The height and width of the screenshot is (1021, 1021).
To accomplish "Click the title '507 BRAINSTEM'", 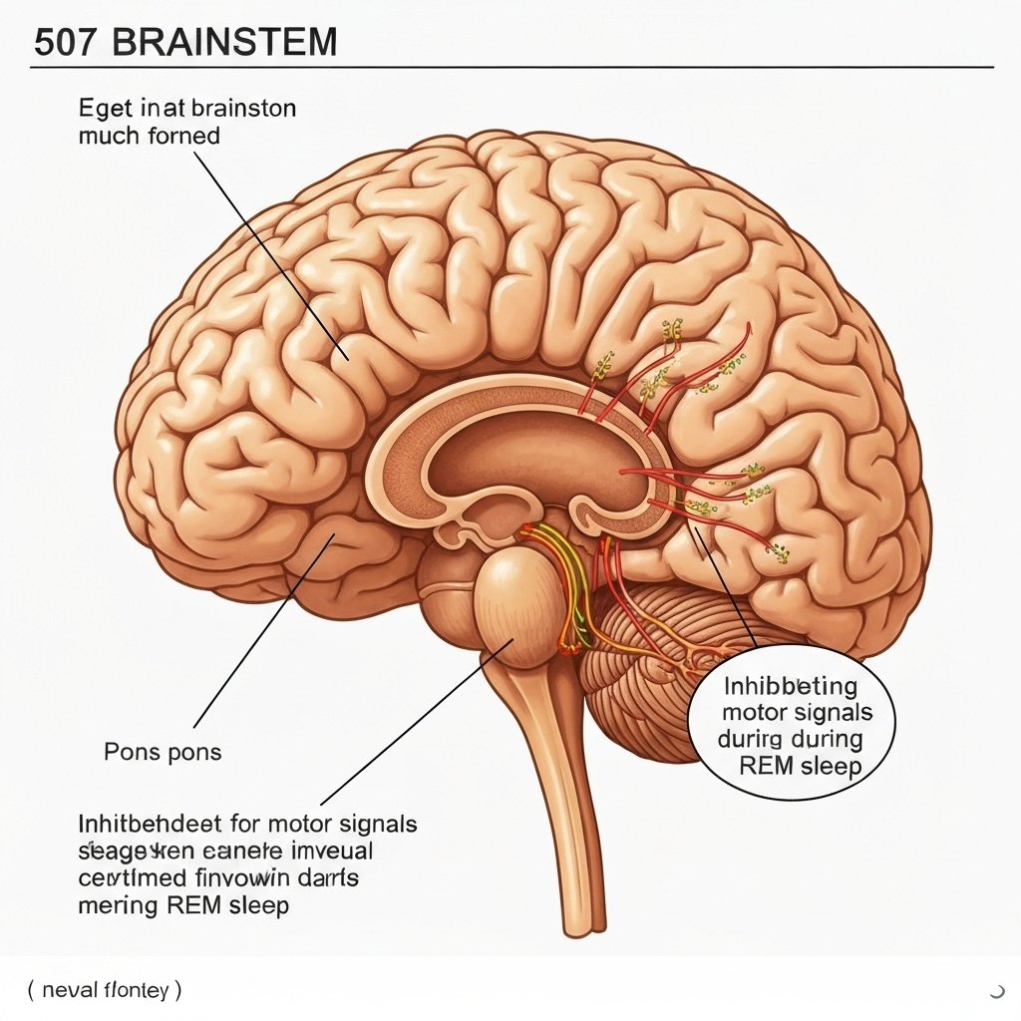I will (185, 43).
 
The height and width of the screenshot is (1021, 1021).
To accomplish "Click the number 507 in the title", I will (63, 43).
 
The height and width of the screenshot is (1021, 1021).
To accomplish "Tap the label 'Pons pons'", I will (163, 751).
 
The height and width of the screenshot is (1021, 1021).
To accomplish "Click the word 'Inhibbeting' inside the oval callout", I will (791, 686).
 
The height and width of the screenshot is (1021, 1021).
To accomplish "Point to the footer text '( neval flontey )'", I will (104, 990).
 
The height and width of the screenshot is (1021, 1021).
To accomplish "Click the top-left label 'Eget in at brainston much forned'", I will (187, 121).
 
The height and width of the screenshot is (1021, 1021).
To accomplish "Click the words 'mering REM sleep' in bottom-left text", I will (183, 905).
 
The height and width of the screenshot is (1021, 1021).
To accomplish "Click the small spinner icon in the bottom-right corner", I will (996, 990).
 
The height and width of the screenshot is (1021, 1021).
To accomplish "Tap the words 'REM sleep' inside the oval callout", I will (801, 766).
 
